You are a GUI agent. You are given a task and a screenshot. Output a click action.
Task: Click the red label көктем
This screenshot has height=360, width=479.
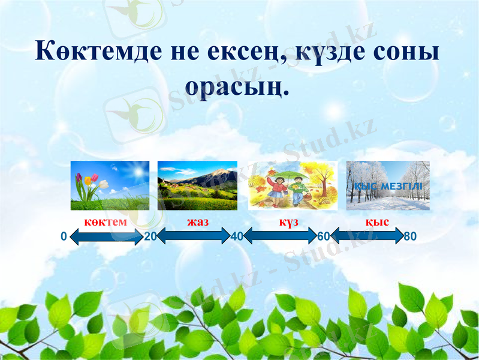click(106, 222)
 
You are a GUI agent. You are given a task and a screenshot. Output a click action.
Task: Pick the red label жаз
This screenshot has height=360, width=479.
click(197, 222)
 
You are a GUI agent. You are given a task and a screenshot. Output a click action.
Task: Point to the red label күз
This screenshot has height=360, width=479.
click(288, 222)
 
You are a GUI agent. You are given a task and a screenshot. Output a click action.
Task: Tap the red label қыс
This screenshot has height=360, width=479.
click(378, 222)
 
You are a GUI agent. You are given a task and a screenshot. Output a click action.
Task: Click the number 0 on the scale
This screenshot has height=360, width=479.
click(64, 236)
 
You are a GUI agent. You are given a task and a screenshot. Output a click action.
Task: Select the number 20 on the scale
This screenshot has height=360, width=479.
click(150, 236)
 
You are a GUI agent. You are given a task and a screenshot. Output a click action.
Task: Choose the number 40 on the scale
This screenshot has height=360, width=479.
click(236, 236)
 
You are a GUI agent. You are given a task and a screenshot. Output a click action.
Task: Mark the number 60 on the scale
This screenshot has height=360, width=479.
click(323, 236)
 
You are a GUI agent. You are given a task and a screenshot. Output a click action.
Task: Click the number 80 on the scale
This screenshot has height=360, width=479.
click(410, 236)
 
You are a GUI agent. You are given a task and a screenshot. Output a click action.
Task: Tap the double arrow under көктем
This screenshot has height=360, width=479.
click(106, 237)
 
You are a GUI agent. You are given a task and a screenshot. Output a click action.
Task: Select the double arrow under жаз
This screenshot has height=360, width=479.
click(193, 237)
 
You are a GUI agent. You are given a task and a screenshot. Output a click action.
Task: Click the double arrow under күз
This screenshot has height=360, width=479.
click(279, 237)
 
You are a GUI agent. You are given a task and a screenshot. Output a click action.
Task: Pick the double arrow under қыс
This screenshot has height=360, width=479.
click(366, 237)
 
